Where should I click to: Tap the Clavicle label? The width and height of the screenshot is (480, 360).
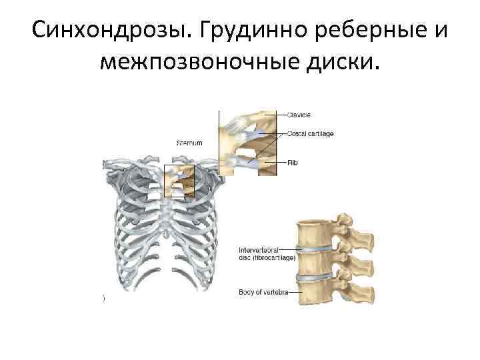pyautogui.click(x=300, y=115)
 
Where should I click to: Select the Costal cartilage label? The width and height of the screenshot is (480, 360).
pyautogui.click(x=311, y=134)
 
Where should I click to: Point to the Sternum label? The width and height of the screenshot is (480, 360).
pyautogui.click(x=189, y=143)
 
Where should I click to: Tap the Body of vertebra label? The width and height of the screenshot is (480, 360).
pyautogui.click(x=263, y=291)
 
